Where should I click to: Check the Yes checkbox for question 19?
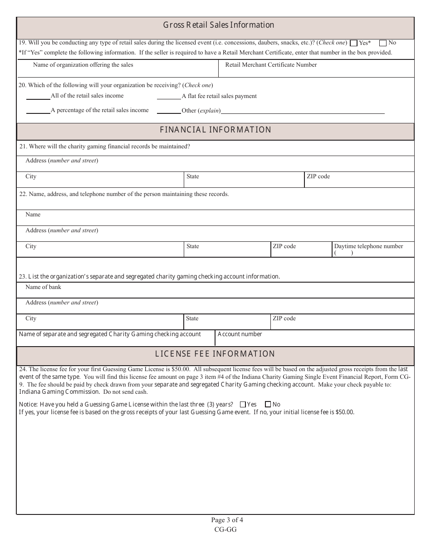click(354, 43)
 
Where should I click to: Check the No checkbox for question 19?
click(383, 43)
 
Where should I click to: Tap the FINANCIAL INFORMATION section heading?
click(215, 130)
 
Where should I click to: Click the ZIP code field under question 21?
click(359, 180)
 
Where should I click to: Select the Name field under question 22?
click(215, 218)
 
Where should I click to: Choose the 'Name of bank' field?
click(215, 290)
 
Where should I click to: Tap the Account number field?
click(314, 338)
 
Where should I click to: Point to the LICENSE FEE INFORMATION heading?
click(215, 354)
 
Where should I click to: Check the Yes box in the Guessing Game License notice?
click(243, 405)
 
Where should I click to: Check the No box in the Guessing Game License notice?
click(268, 405)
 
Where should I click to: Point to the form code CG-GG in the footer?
click(225, 529)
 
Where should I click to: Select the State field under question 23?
click(227, 322)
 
